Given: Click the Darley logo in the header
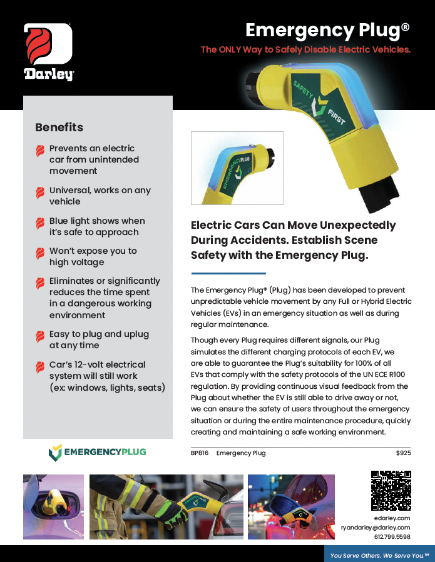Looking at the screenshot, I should click(49, 52).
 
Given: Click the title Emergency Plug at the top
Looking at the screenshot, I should click(327, 30).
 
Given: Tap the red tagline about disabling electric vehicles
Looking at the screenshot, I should click(305, 49).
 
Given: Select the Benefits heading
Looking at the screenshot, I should click(59, 128).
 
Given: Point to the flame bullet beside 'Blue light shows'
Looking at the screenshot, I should click(40, 223).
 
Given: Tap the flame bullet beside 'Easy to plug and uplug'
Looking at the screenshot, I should click(40, 336).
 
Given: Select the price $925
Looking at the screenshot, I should click(403, 453).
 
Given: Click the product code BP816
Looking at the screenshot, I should click(200, 453).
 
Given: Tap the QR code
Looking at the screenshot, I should click(391, 491).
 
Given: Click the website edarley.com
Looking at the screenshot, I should click(392, 518).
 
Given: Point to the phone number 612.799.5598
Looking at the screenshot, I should click(392, 537).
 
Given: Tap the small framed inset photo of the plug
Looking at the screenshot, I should click(237, 168).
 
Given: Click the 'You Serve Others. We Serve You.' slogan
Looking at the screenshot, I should click(380, 554).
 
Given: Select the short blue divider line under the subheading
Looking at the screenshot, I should click(228, 273).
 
